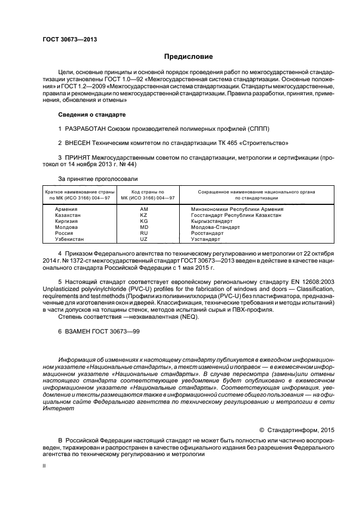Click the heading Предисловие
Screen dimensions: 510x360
(x=189, y=57)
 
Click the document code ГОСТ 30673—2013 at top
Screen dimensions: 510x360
(x=70, y=40)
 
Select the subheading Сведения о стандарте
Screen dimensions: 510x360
(x=91, y=115)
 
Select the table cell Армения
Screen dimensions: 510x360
(x=66, y=209)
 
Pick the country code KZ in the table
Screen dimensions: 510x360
(x=144, y=216)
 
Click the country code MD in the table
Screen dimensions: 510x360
(x=144, y=227)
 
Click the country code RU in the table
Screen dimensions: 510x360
(x=144, y=233)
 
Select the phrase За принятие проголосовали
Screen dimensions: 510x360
(x=97, y=179)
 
